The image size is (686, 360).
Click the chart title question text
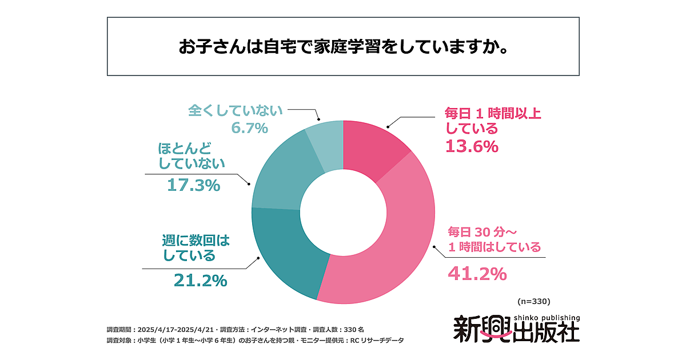tap(343, 47)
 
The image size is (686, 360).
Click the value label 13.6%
tap(472, 147)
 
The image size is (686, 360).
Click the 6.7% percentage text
tap(250, 128)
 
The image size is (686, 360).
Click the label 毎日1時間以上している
tap(493, 121)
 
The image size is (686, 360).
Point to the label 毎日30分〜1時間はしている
tap(493, 239)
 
